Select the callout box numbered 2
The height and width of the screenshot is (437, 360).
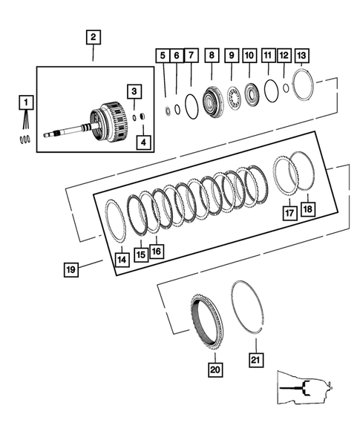93,37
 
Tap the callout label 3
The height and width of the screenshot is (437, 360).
133,91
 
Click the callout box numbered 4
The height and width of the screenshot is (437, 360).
142,142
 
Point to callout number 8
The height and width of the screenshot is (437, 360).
212,56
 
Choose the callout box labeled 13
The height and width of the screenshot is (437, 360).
301,56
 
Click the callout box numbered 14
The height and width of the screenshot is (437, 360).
122,259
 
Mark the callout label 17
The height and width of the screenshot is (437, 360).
289,213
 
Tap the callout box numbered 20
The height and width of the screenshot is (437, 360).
215,368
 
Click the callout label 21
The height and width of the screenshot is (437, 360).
255,361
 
